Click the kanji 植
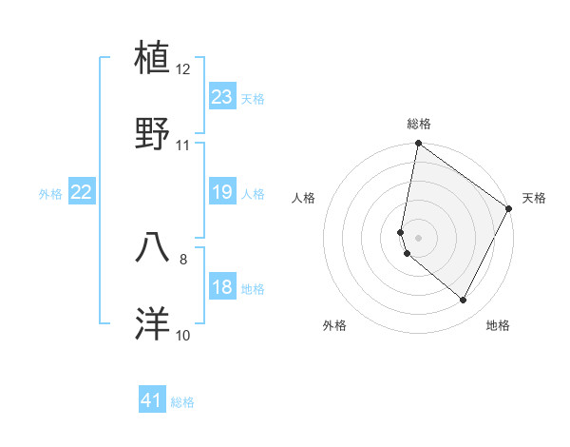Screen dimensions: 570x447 154,58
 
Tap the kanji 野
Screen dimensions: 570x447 154,134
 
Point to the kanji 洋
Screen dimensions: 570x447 154,323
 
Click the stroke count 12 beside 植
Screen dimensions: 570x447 183,69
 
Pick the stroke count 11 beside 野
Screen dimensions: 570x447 183,146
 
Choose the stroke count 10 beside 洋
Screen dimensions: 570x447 183,335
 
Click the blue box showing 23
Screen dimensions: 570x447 222,97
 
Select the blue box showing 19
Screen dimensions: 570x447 222,192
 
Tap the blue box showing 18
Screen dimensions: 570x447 222,287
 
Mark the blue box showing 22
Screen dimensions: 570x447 82,192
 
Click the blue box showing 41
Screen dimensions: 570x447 152,400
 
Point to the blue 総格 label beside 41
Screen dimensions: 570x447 182,402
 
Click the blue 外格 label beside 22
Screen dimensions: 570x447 50,194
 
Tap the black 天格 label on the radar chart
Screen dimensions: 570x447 534,198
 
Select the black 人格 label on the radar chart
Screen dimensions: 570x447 303,198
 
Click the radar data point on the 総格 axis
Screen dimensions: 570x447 418,145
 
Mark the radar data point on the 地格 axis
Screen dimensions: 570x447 463,300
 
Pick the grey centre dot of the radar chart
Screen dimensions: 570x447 418,237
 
